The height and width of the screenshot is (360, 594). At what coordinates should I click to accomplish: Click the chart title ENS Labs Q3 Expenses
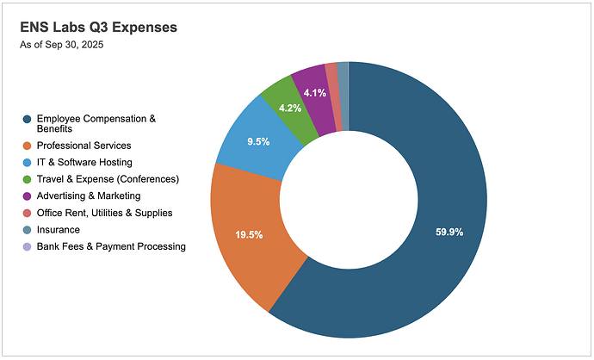(x=98, y=28)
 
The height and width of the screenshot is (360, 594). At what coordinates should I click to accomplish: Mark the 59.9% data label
(x=449, y=232)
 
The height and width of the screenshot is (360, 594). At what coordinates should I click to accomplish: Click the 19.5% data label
(x=249, y=233)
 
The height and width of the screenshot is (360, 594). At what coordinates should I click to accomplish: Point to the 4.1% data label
(x=315, y=93)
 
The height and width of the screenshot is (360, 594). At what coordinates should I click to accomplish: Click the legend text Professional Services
(x=83, y=146)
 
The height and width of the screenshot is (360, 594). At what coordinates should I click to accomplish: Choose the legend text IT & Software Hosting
(x=84, y=162)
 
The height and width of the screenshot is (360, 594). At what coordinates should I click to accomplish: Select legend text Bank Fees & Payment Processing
(x=110, y=246)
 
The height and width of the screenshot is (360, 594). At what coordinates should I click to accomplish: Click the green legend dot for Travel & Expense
(x=27, y=179)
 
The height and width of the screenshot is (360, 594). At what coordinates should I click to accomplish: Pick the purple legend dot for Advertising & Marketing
(x=27, y=196)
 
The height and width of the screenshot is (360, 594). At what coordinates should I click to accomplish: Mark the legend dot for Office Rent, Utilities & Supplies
(x=27, y=213)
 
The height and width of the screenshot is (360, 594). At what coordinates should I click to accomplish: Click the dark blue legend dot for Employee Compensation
(x=27, y=119)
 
